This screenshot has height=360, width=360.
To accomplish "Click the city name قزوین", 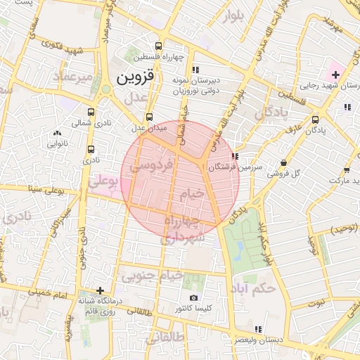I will pos(133,75).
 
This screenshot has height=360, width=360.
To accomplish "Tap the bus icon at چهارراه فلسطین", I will pos(163,44).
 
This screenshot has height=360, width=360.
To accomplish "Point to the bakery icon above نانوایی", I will pos(57,132).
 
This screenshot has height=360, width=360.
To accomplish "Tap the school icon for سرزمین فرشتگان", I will pos(234,157).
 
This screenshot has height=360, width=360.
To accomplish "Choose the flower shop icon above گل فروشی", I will pos(283,162).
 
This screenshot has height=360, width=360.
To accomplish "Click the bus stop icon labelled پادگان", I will pos(314,119).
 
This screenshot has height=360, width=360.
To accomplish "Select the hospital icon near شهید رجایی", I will pos(335,74).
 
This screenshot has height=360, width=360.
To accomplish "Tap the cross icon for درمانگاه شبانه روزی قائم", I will pos(101,290).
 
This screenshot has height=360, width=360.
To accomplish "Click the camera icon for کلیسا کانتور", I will pos(193,297).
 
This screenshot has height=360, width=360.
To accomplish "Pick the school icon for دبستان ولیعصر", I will pos(258,328).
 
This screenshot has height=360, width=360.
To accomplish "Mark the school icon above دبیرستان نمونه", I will pos(195,69).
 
